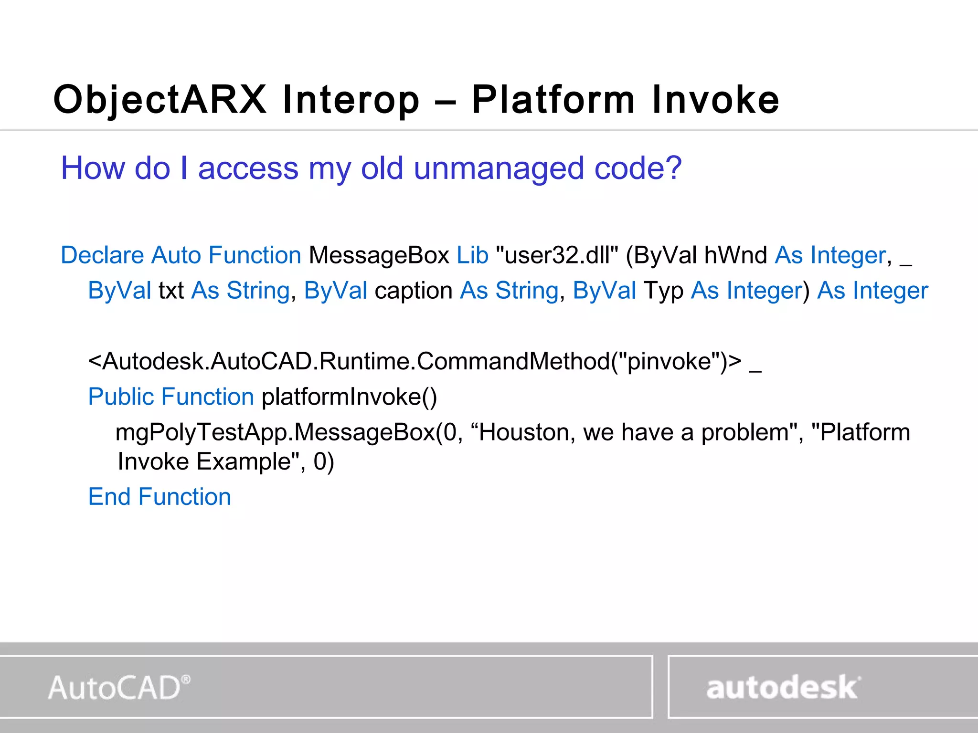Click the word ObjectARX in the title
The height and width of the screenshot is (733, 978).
point(160,100)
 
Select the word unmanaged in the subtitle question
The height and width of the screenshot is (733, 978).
point(499,169)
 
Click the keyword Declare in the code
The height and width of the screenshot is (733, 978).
point(102,255)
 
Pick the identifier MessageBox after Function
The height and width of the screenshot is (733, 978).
point(379,255)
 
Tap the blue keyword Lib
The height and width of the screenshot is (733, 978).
point(472,255)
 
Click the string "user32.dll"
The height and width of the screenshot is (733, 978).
point(557,255)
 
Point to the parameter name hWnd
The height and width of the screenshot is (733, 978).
point(735,255)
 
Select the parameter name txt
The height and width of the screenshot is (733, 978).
point(171,291)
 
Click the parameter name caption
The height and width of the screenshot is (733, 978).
point(414,291)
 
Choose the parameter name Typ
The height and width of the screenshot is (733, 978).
point(663,291)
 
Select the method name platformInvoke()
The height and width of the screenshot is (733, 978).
point(349,397)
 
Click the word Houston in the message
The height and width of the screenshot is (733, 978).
point(523,433)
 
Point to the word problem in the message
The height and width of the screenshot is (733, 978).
point(745,433)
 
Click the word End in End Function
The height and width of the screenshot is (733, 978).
point(109,497)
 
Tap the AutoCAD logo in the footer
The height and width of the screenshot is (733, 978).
point(119,688)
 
